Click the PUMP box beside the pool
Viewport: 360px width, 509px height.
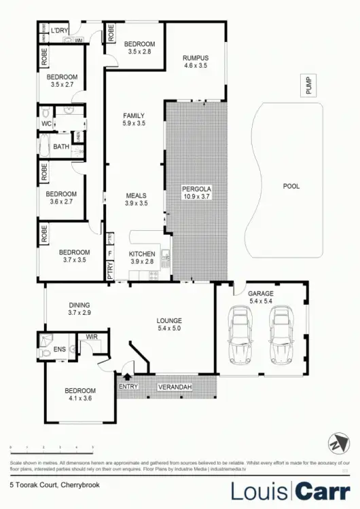pos(309,87)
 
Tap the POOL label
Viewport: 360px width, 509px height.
pos(291,186)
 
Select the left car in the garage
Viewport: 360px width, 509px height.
pos(240,335)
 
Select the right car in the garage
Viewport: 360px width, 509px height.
pos(281,335)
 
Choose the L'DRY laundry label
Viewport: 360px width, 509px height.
pos(59,31)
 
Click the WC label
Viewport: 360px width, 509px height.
pos(46,124)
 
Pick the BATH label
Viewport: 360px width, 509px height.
pos(61,147)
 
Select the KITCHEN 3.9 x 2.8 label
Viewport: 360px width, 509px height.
pos(143,257)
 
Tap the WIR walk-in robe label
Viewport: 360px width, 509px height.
pos(92,336)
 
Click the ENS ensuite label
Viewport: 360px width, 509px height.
pos(60,351)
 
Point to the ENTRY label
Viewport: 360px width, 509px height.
pos(128,387)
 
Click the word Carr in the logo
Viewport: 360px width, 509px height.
pos(323,491)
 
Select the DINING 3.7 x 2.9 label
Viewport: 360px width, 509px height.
pos(79,309)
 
